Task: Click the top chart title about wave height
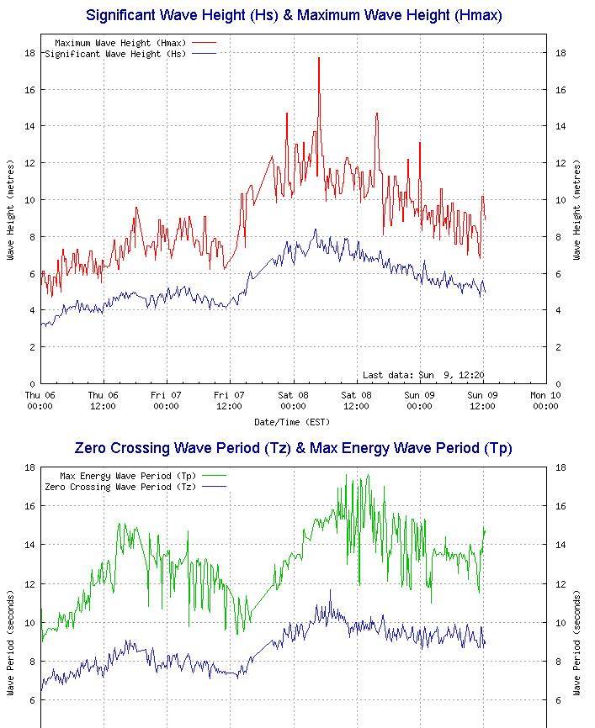click(x=294, y=15)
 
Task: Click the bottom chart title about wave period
click(x=294, y=448)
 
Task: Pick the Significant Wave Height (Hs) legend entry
click(x=130, y=54)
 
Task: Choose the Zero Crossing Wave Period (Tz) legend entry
click(x=135, y=487)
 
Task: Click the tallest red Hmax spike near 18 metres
click(x=319, y=59)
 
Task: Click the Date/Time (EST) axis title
click(x=293, y=421)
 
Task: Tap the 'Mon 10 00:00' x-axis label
click(x=545, y=400)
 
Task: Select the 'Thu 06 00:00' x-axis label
click(x=40, y=400)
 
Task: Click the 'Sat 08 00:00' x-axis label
click(x=293, y=400)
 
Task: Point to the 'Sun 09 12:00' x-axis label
click(x=482, y=400)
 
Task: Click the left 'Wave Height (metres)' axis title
click(x=11, y=209)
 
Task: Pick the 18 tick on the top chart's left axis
click(x=29, y=53)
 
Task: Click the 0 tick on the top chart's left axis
click(x=32, y=383)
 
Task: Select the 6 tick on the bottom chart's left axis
click(x=32, y=700)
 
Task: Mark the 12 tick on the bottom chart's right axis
click(x=558, y=583)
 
